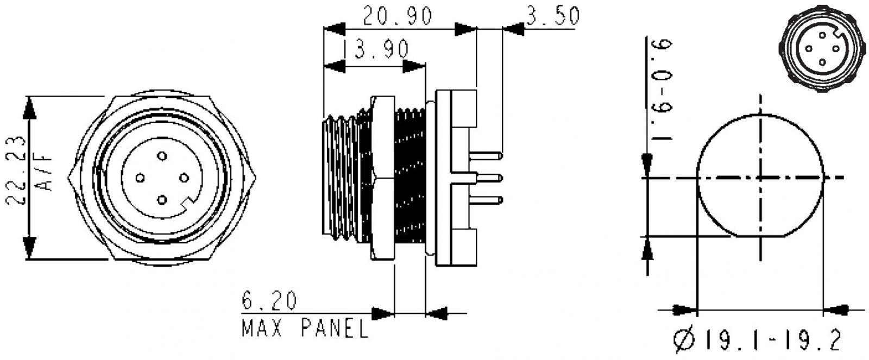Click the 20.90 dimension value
398,17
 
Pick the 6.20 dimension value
269,301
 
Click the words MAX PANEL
304,328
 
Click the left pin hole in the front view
140,178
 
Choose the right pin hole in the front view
184,178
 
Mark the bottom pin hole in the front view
161,200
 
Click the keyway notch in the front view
188,206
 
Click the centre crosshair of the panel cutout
760,178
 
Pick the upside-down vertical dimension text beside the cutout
662,89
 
